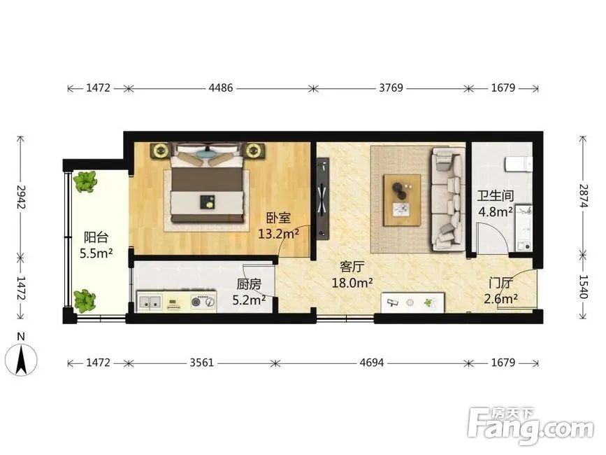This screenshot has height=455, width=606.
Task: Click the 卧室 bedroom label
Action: [278, 218]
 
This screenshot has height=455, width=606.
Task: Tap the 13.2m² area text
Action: [278, 234]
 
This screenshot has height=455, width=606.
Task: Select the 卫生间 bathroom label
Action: [495, 196]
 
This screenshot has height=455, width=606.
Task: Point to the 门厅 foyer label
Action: [500, 283]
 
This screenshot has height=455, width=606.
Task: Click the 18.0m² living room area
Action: [352, 283]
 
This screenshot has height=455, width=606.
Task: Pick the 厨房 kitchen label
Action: [249, 284]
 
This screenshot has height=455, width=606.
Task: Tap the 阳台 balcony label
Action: [96, 237]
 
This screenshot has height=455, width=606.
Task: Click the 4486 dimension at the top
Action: [221, 87]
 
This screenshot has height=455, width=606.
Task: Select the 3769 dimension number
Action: [391, 87]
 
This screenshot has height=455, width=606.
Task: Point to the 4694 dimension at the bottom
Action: [371, 363]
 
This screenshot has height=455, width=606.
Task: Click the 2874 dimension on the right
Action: [584, 196]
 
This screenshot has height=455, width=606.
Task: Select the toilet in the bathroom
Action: [519, 164]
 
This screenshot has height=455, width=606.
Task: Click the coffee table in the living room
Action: [402, 200]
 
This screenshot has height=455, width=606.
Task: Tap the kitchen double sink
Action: [150, 302]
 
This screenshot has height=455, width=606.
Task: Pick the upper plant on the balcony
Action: [85, 182]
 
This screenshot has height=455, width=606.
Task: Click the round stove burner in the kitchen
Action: [198, 302]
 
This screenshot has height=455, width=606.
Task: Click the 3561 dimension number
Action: [201, 363]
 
